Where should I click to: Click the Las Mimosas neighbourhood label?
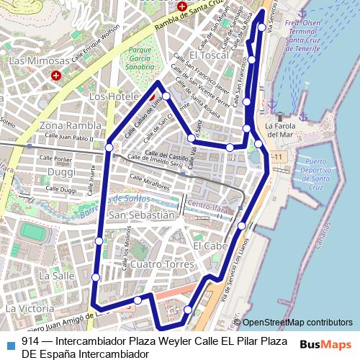pos(40,61)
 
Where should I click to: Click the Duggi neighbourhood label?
pos(61,171)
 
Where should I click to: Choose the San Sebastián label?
pos(141,215)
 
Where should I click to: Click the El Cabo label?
pos(210,246)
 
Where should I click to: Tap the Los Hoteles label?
pos(112,96)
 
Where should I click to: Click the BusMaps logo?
pos(325,344)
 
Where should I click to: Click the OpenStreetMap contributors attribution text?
pos(297,323)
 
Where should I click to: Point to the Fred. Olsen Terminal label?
pos(301,32)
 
